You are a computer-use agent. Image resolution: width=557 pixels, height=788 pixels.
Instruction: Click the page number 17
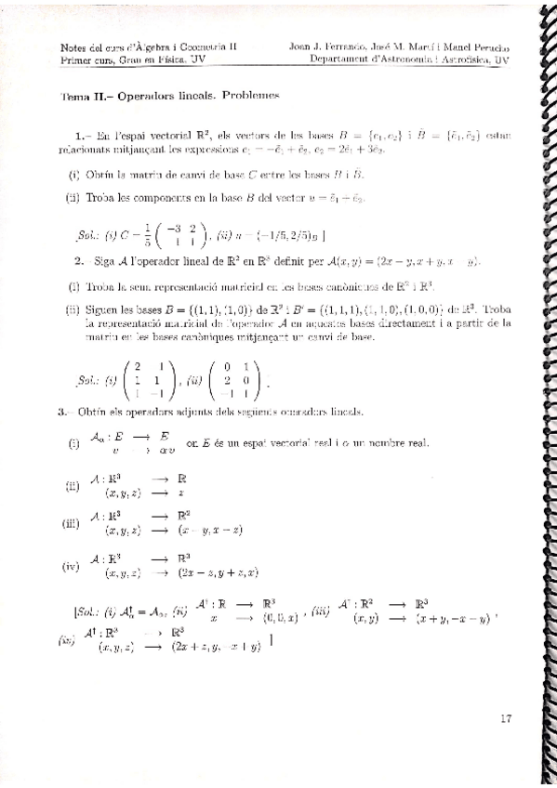point(506,717)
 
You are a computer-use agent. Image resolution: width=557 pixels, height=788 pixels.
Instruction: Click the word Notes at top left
point(71,46)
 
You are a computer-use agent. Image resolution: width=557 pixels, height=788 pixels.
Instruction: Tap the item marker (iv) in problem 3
point(72,566)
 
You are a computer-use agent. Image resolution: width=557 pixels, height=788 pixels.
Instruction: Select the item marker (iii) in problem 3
point(72,523)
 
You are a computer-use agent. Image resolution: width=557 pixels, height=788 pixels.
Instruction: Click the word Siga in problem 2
point(105,261)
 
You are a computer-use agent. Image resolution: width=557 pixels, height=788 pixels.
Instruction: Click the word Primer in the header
point(74,59)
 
